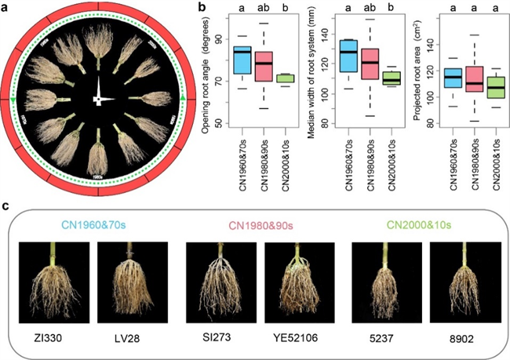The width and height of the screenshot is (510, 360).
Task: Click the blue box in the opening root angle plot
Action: [x=242, y=61]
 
